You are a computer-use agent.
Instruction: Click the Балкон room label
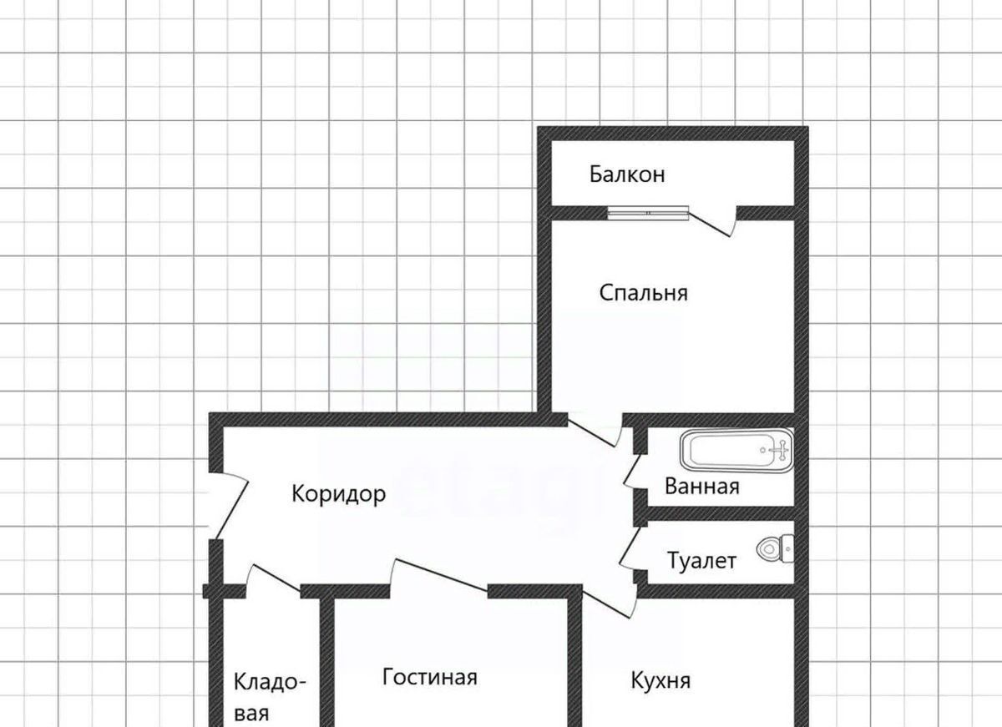[627, 174]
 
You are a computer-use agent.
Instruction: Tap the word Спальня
[643, 293]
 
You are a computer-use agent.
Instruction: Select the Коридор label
[339, 494]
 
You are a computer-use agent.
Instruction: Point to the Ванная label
[702, 486]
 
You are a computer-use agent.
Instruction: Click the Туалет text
[701, 561]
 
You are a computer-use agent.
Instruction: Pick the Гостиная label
[430, 677]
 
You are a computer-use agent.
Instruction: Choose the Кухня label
[660, 680]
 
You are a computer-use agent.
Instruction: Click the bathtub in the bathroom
[736, 451]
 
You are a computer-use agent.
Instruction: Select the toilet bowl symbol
[775, 548]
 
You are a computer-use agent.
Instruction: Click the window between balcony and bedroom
[648, 213]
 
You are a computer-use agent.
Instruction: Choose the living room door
[438, 577]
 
